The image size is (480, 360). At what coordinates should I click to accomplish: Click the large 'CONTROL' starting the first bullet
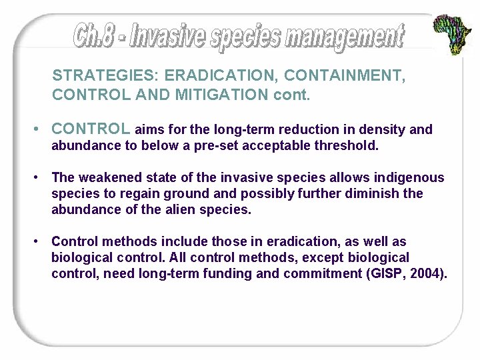91,129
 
